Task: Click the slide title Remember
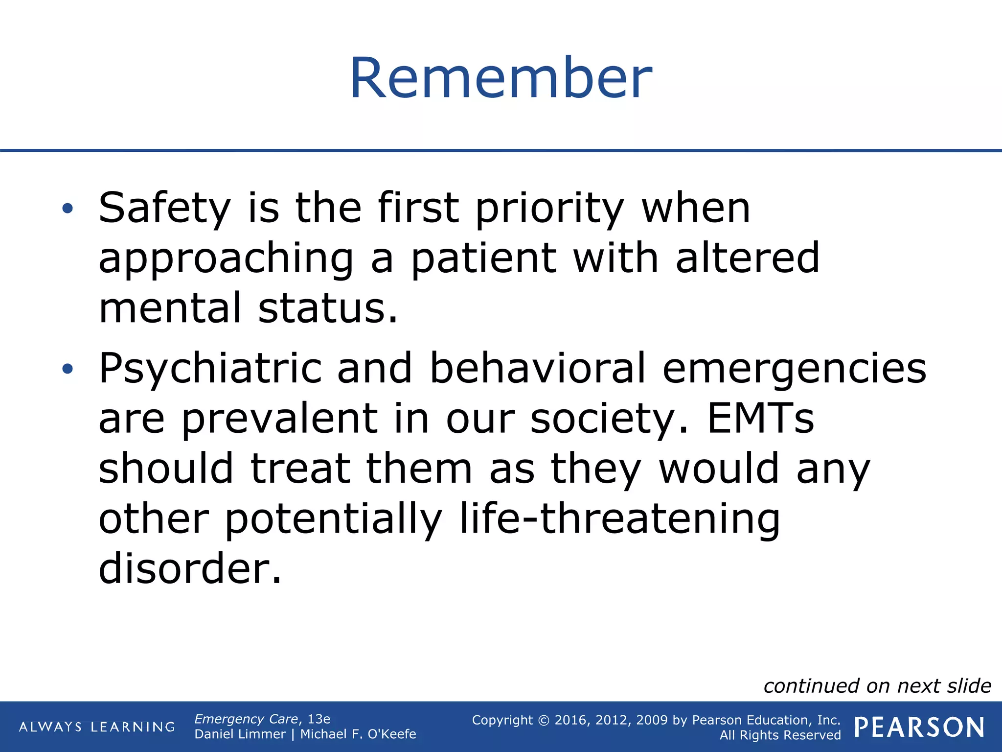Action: tap(501, 78)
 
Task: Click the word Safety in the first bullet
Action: tap(164, 208)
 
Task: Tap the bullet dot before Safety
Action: tap(68, 209)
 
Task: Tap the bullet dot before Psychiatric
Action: tap(68, 369)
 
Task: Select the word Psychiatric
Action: tap(210, 369)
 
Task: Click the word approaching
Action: tap(226, 259)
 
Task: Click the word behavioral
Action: tap(537, 368)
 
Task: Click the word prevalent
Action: tap(280, 420)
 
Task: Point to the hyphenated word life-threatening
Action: tap(619, 520)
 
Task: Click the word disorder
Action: tap(190, 569)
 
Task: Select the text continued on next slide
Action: tap(877, 686)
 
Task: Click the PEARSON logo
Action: tap(919, 728)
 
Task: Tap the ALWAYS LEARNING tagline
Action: tap(97, 727)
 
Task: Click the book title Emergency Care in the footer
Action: tap(246, 719)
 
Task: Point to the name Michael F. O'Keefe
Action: tap(358, 734)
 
